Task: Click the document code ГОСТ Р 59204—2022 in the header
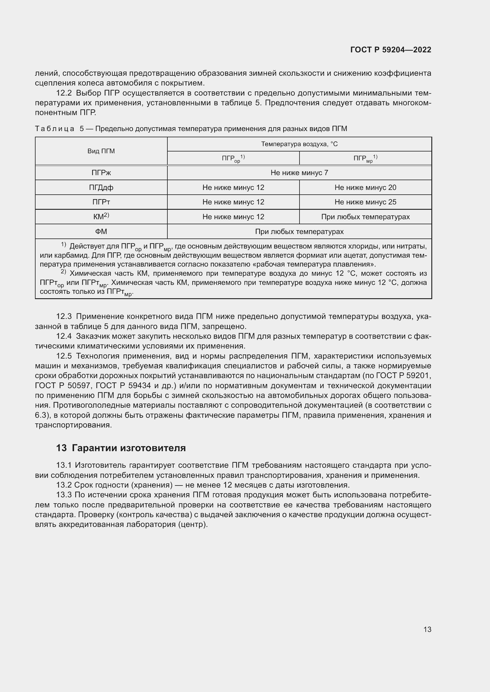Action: point(390,50)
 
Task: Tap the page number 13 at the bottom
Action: point(427,629)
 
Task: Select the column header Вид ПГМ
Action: point(101,151)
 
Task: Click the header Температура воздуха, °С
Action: point(299,144)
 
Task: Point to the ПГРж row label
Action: point(101,173)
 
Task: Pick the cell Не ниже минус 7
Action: point(299,173)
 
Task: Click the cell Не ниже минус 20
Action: point(365,188)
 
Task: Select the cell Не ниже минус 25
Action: point(365,202)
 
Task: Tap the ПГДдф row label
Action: point(101,188)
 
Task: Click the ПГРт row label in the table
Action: point(101,202)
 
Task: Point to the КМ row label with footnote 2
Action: point(101,216)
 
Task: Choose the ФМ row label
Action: point(101,231)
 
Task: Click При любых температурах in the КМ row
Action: point(365,217)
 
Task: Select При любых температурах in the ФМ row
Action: point(299,231)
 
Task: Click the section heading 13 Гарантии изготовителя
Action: point(121,448)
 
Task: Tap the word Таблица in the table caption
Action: point(55,129)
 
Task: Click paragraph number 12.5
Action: point(64,356)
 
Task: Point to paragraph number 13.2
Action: point(64,485)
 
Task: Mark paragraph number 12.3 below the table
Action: point(64,317)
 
